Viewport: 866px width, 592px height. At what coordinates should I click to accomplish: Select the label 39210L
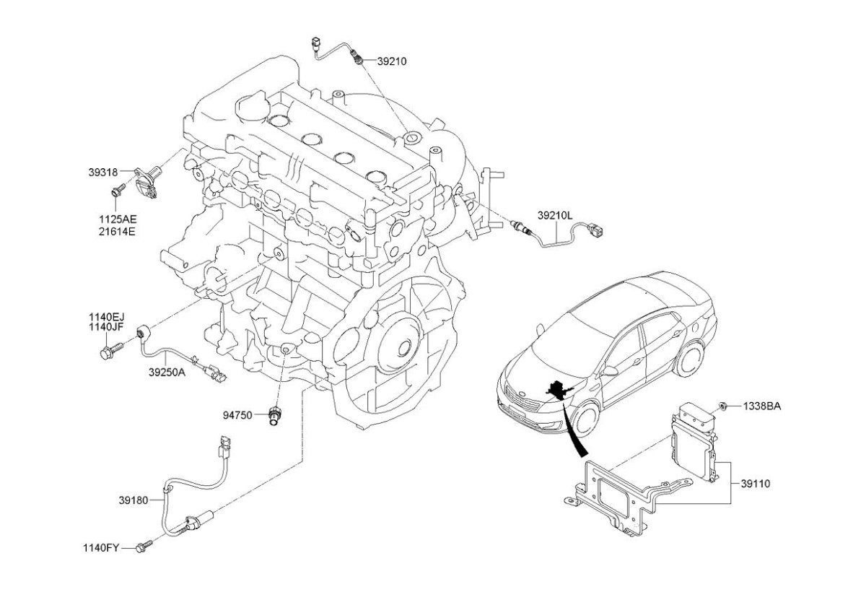[x=554, y=214]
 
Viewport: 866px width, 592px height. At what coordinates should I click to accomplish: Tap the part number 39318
[x=103, y=173]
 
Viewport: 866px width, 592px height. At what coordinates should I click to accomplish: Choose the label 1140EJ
[x=107, y=316]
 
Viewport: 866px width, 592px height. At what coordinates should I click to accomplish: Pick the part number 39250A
[x=167, y=373]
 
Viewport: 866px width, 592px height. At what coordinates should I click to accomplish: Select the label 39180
[x=134, y=499]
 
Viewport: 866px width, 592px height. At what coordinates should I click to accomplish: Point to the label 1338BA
[x=761, y=406]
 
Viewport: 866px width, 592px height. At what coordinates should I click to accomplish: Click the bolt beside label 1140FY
[x=143, y=547]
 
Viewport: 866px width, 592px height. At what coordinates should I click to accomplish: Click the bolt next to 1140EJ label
[x=110, y=352]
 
